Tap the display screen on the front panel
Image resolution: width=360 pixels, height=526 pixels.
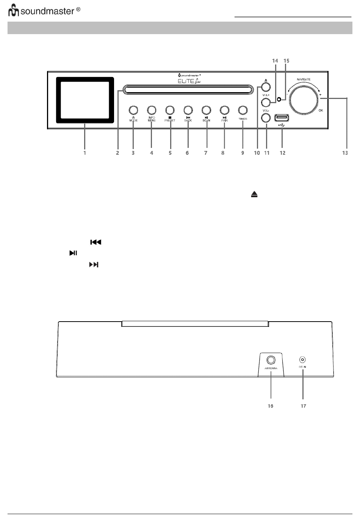85,100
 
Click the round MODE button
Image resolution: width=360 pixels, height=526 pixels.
133,110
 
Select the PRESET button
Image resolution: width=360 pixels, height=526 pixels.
169,110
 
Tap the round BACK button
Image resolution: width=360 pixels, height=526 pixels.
188,110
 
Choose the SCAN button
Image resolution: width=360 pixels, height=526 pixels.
206,110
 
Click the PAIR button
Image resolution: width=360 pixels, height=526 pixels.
224,110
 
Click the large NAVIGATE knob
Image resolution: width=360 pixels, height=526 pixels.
304,98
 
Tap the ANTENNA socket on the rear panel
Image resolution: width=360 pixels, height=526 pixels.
271,360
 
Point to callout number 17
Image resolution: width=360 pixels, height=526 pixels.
303,406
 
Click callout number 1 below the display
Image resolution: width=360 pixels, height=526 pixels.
85,153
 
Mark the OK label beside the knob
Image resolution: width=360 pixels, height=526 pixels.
321,110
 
